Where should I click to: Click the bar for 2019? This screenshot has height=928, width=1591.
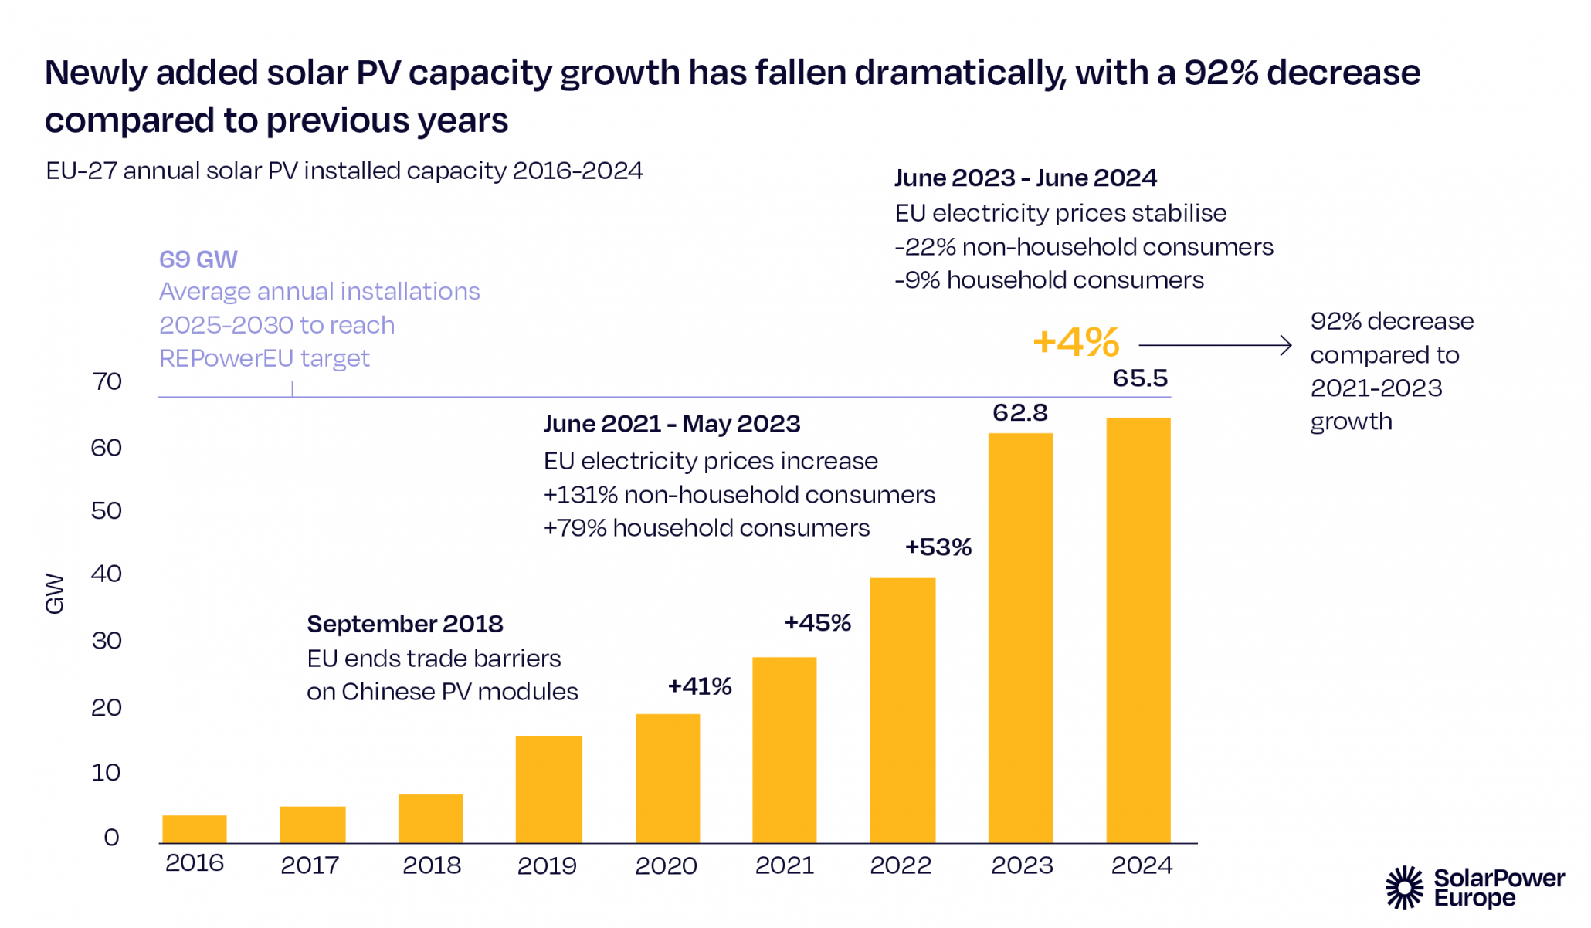[548, 788]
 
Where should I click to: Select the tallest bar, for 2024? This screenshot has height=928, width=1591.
[1138, 629]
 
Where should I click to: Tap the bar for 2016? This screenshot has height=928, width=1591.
[195, 828]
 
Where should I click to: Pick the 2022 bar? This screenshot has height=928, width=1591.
[902, 710]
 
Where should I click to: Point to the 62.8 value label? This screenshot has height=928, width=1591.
[1020, 413]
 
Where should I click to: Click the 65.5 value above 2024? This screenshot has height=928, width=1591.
[1140, 378]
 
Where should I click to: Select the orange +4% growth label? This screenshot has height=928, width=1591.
[1076, 342]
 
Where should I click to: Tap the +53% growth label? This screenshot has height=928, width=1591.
[938, 547]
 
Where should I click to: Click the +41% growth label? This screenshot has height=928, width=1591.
[700, 686]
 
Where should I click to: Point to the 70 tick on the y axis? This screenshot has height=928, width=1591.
[107, 381]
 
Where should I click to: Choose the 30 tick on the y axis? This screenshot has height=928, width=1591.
[107, 641]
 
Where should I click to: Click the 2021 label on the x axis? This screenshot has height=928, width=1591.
[785, 865]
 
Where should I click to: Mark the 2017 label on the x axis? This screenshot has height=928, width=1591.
[310, 865]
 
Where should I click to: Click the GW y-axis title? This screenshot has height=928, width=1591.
[55, 593]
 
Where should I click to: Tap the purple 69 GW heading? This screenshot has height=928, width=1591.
[198, 259]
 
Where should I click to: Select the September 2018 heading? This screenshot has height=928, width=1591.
[405, 624]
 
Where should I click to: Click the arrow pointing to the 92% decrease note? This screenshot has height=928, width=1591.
[1215, 345]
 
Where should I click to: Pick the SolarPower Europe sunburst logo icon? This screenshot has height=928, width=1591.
[1404, 888]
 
